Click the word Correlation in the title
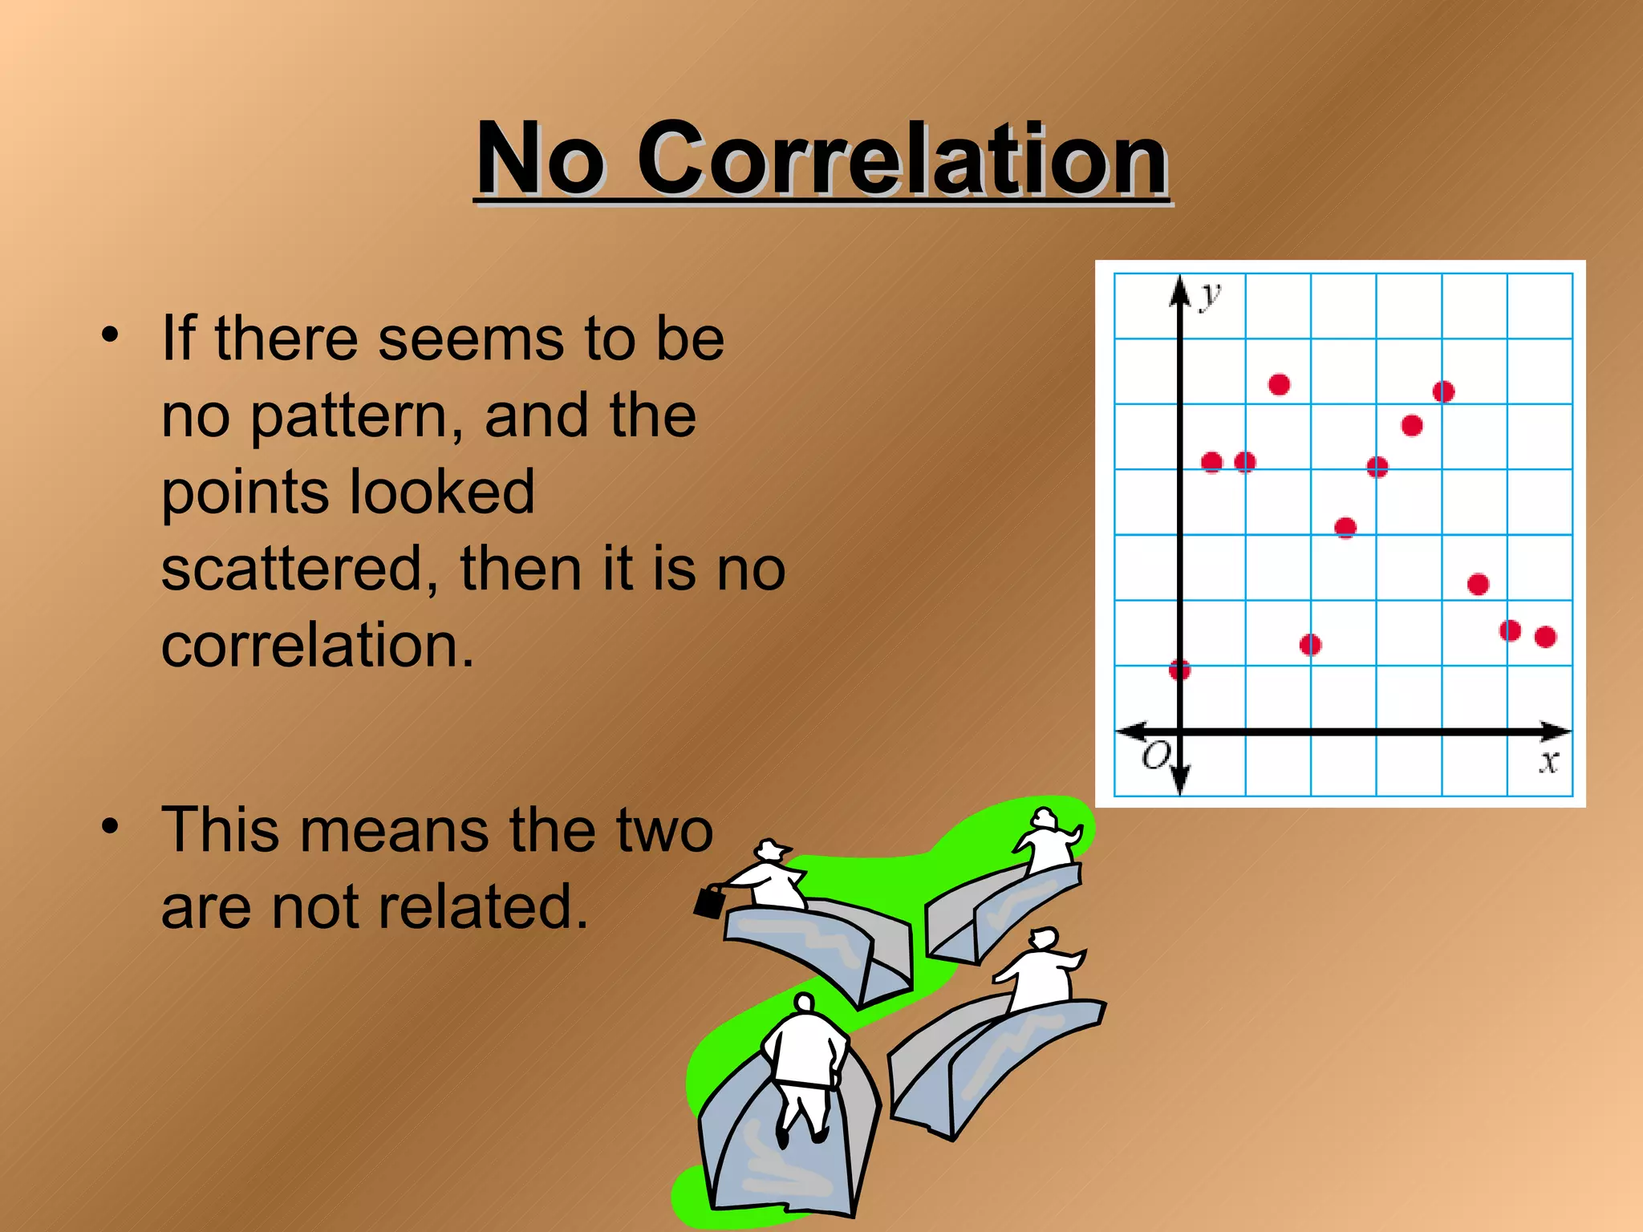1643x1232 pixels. (902, 159)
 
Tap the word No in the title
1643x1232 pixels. (539, 159)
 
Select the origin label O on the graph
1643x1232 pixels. (1156, 756)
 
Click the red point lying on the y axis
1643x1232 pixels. (1179, 669)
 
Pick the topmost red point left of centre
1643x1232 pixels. (1279, 385)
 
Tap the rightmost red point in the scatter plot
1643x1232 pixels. (1545, 637)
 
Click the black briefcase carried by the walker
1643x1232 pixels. (709, 902)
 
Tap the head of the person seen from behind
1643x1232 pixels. (804, 1003)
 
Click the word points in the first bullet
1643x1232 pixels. (241, 492)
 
